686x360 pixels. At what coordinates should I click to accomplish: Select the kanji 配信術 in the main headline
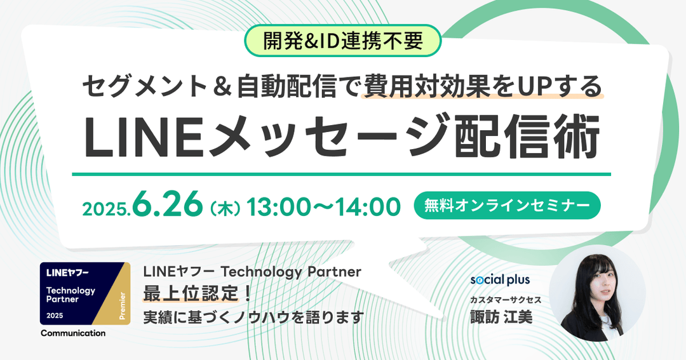click(527, 137)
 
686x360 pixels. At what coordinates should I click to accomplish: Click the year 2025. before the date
click(107, 210)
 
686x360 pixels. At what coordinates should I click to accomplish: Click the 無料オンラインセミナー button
click(507, 206)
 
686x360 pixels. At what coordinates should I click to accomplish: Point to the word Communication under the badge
click(73, 333)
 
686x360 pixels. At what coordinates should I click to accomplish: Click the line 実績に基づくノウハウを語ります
click(253, 317)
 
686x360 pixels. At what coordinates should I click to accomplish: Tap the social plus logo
click(500, 279)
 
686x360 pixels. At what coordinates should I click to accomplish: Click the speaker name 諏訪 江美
click(501, 317)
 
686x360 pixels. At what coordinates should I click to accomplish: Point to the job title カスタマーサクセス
click(506, 300)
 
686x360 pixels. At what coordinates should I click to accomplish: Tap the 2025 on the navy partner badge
click(55, 316)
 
